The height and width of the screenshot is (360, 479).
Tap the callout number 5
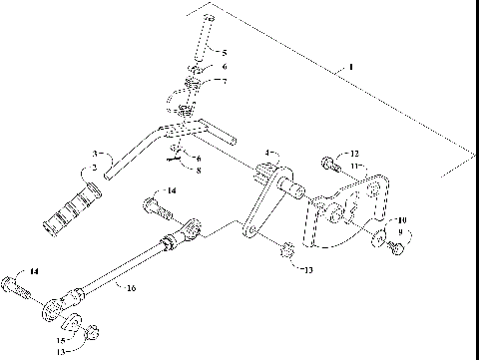225,52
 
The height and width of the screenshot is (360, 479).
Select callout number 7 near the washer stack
225,81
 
